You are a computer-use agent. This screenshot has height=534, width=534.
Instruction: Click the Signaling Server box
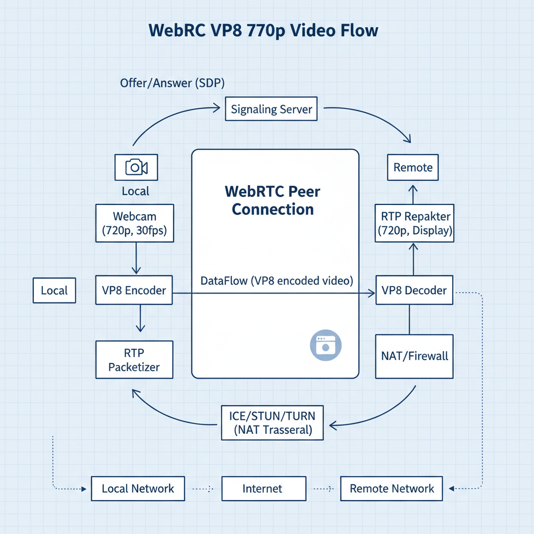pos(271,110)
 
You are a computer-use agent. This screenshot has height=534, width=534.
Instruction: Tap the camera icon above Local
pos(136,167)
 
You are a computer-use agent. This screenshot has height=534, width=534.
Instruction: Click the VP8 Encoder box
pos(134,290)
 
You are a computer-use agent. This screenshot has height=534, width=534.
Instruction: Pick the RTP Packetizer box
pos(134,360)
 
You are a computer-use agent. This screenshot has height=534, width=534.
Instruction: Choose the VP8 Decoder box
pos(414,290)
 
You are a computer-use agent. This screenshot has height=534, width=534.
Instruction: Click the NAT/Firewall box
pos(414,357)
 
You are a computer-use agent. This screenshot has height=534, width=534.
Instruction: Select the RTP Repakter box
pos(415,223)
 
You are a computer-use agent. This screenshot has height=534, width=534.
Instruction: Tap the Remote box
pos(413,167)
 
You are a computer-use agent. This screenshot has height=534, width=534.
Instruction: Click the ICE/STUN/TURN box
pos(272,423)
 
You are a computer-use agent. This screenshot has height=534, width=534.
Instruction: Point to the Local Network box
pos(138,489)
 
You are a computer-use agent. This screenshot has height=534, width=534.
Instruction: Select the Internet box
pos(263,489)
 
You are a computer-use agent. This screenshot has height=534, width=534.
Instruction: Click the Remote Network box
pos(391,489)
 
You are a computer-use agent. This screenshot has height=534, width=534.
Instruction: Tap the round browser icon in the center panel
pos(325,345)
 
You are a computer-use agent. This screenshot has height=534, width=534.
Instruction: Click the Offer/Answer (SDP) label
pos(172,83)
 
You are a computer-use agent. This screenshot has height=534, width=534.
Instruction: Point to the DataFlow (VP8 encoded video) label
pos(277,281)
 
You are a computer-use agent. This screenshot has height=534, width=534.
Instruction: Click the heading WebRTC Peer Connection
pos(273,200)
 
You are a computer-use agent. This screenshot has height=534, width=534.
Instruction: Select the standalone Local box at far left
pos(54,290)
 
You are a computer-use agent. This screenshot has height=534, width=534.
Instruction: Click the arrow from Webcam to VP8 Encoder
pos(136,258)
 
